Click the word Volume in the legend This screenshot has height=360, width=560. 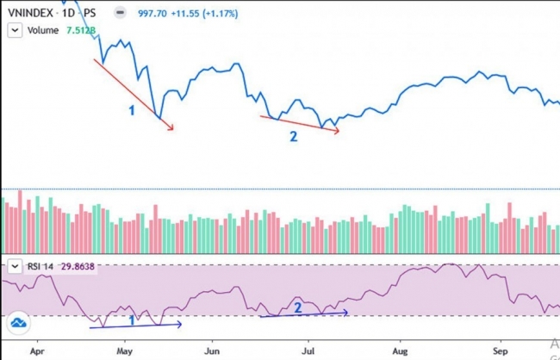coord(43,30)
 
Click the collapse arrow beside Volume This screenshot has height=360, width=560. coord(15,30)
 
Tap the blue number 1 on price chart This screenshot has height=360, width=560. coord(132,110)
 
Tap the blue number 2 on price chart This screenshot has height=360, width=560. coord(293,136)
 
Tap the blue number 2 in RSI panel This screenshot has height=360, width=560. coord(298,307)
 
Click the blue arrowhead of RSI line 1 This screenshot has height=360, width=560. coord(179,325)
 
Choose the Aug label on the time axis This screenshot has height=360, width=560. coord(399,351)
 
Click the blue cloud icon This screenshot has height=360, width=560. coord(19,324)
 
